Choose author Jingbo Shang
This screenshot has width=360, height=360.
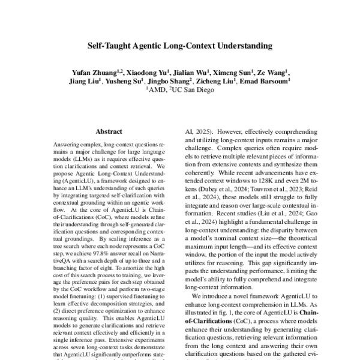pos(172,81)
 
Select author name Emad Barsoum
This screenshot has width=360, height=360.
pos(269,81)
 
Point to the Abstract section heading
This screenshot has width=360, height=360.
pos(109,131)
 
